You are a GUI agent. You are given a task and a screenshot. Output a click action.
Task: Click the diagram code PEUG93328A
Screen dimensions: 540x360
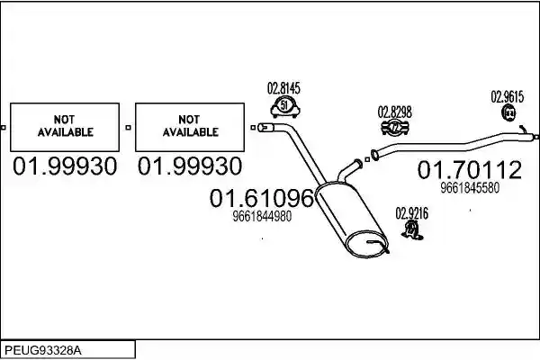[x=43, y=351]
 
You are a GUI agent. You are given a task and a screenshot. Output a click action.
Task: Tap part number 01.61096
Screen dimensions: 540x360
[x=262, y=198]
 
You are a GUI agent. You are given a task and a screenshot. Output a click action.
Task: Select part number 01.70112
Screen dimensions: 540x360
[x=470, y=169]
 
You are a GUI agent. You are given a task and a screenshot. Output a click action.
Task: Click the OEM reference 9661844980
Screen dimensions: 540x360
[x=262, y=216]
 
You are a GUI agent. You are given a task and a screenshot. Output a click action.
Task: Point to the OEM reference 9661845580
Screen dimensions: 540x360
[x=470, y=188]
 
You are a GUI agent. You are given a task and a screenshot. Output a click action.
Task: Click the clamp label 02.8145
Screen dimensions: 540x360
[x=283, y=88]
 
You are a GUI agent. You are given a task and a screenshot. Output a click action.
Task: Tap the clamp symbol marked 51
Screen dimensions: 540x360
[x=284, y=107]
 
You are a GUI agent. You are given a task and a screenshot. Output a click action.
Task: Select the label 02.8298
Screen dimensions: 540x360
[x=395, y=112]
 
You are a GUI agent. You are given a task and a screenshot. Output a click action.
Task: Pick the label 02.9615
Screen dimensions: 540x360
[x=508, y=97]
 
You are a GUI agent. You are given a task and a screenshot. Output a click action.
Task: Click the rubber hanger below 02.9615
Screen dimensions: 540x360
[x=508, y=113]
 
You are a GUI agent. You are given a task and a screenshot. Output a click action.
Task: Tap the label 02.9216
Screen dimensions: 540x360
[x=412, y=213]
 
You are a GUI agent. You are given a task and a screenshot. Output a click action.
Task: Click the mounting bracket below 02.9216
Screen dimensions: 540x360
[x=412, y=229]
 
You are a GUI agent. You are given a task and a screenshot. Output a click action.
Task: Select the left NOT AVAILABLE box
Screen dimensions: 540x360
[x=65, y=127]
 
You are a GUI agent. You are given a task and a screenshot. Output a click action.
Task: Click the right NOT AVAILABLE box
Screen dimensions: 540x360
[x=190, y=127]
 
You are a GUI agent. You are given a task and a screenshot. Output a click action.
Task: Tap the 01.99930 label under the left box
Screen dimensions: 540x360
[x=65, y=166]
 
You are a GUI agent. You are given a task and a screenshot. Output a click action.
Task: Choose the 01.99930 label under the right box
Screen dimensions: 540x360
[x=190, y=166]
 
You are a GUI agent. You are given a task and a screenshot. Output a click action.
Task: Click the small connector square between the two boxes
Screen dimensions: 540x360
[x=128, y=128]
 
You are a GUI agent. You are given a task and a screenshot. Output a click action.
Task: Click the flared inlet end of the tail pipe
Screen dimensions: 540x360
[x=374, y=155]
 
